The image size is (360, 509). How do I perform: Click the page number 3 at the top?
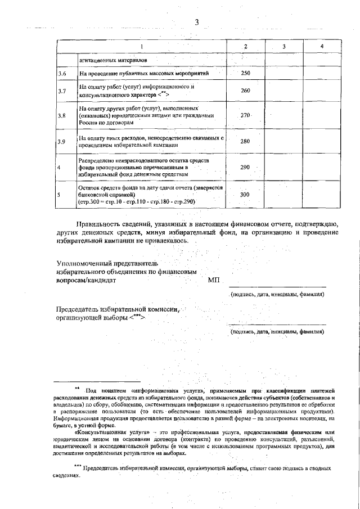[x=197, y=22]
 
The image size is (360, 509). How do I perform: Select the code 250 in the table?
[x=245, y=74]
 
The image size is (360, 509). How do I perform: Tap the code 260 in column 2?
[x=245, y=91]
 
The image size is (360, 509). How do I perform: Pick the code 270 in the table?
[x=245, y=115]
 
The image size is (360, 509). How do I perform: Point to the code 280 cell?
[x=245, y=141]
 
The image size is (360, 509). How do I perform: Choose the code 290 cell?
[x=245, y=168]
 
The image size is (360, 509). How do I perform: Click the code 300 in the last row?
[x=245, y=194]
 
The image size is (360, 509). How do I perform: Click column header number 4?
[x=321, y=46]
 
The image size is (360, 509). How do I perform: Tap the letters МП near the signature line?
[x=214, y=280]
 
